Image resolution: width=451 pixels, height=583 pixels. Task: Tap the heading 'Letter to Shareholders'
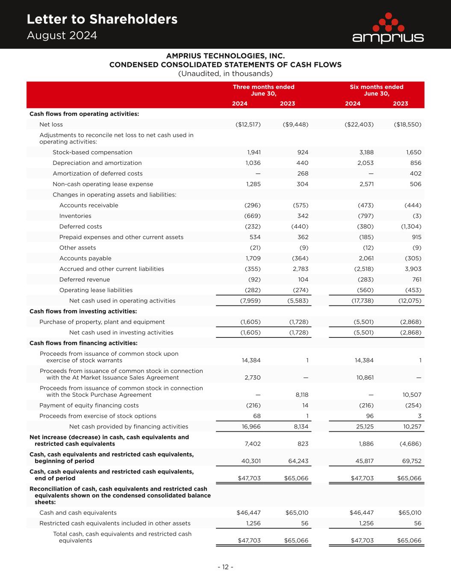(102, 19)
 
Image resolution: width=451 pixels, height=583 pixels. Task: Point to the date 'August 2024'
(62, 35)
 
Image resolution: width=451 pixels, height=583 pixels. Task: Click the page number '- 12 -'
(225, 567)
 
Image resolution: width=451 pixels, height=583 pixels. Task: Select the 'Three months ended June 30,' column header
(263, 90)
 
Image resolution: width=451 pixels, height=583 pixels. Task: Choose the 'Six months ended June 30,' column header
(376, 90)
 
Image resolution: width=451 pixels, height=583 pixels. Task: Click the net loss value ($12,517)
(248, 125)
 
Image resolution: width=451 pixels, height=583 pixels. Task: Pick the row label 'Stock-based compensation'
(92, 152)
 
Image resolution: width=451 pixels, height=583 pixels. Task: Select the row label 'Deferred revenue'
(84, 280)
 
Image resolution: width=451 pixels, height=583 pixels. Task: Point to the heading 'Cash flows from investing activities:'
(83, 311)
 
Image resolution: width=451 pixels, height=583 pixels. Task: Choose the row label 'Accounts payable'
(85, 258)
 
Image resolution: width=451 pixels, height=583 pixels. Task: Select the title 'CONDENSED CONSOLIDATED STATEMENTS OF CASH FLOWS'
(225, 65)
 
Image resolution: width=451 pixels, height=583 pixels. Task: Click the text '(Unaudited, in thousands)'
(225, 73)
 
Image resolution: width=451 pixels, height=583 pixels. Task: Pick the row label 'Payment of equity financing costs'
(89, 405)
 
